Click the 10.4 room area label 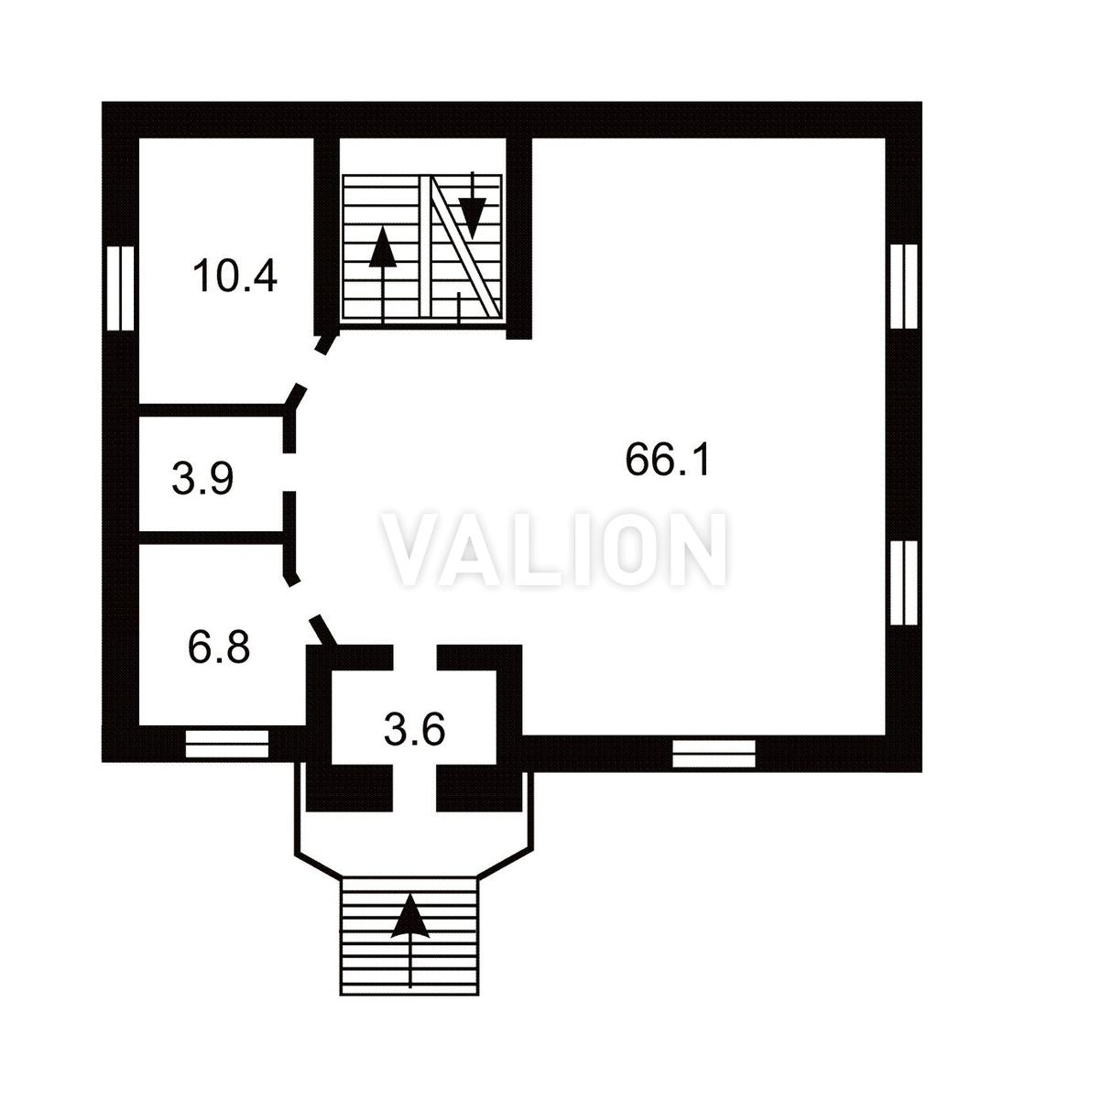(x=235, y=277)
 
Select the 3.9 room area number (x=202, y=479)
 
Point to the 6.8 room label (x=218, y=647)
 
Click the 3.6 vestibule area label (x=414, y=730)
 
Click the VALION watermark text (x=555, y=549)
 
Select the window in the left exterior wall (x=120, y=288)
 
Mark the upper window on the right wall (x=904, y=286)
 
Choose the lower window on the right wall (x=904, y=582)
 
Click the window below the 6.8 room (x=227, y=744)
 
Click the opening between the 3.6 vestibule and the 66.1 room (x=415, y=658)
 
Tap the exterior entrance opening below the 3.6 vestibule (x=415, y=789)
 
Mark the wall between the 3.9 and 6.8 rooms (x=212, y=537)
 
